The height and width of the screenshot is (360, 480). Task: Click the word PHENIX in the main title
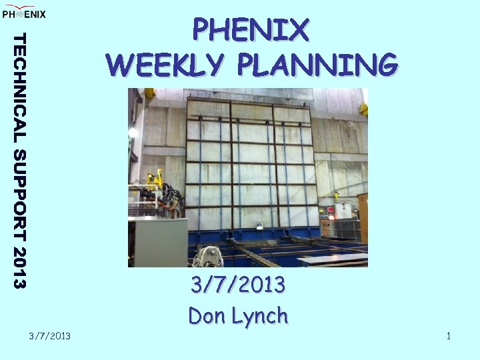(251, 30)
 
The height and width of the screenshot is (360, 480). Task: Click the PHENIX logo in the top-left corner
(24, 13)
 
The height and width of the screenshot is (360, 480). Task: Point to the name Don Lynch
(238, 315)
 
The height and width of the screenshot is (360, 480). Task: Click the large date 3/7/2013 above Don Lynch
(238, 285)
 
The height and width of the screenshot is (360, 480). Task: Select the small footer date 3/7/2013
(50, 335)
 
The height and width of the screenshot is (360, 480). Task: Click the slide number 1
(449, 335)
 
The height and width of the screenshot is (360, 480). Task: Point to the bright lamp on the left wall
(133, 133)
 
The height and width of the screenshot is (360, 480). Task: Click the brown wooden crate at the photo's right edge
(363, 217)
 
